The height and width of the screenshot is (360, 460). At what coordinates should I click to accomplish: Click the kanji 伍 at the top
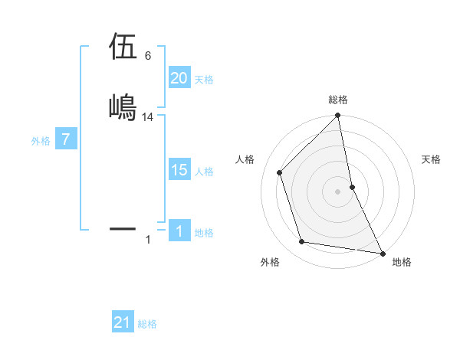point(123,47)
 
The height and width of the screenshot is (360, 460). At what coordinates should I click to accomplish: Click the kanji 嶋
point(123,106)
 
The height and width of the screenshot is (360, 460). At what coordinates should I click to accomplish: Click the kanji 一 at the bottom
point(123,228)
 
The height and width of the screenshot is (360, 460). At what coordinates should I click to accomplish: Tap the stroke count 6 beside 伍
point(148,56)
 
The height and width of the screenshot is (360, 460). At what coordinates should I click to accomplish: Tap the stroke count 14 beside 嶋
point(148,117)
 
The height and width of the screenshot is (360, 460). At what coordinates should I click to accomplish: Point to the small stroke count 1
point(148,240)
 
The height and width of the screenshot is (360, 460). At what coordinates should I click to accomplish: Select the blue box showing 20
point(179,78)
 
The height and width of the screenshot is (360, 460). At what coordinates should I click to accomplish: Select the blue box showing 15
point(179,170)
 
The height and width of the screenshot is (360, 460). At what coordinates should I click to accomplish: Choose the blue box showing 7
point(66,140)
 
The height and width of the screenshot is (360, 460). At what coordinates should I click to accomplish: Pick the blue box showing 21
point(123,322)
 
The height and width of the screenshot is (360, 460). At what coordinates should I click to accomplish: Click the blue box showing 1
point(179,231)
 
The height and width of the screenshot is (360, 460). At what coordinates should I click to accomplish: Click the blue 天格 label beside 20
point(204,79)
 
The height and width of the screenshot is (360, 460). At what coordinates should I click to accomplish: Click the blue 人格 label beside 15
point(204,171)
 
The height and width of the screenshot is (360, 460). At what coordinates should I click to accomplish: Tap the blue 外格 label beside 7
point(41,141)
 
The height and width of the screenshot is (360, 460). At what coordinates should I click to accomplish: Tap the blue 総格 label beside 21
point(147,324)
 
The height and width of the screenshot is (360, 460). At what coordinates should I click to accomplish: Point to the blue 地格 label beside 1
point(204,232)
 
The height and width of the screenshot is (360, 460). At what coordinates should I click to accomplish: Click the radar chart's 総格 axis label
point(338,100)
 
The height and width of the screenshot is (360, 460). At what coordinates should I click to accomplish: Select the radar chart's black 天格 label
point(432,159)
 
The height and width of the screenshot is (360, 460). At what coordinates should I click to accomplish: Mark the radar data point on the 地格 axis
point(381,252)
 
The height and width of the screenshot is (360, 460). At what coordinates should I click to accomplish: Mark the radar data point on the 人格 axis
point(279,172)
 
